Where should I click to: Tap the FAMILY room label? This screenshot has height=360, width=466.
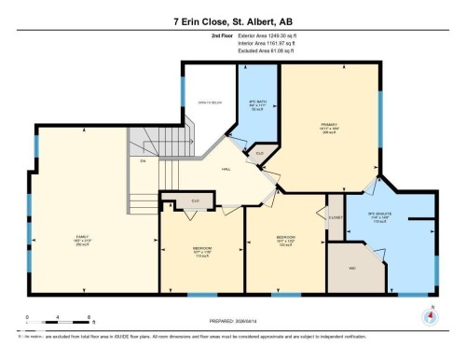pyautogui.click(x=82, y=240)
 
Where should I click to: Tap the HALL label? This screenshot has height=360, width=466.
pyautogui.click(x=226, y=170)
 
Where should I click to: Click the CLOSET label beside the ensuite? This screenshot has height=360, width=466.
pyautogui.click(x=336, y=217)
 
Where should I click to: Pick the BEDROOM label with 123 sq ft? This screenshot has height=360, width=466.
pyautogui.click(x=286, y=239)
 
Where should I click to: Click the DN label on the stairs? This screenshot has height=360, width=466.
pyautogui.click(x=143, y=161)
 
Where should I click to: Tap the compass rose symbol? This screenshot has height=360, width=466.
pyautogui.click(x=430, y=314)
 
